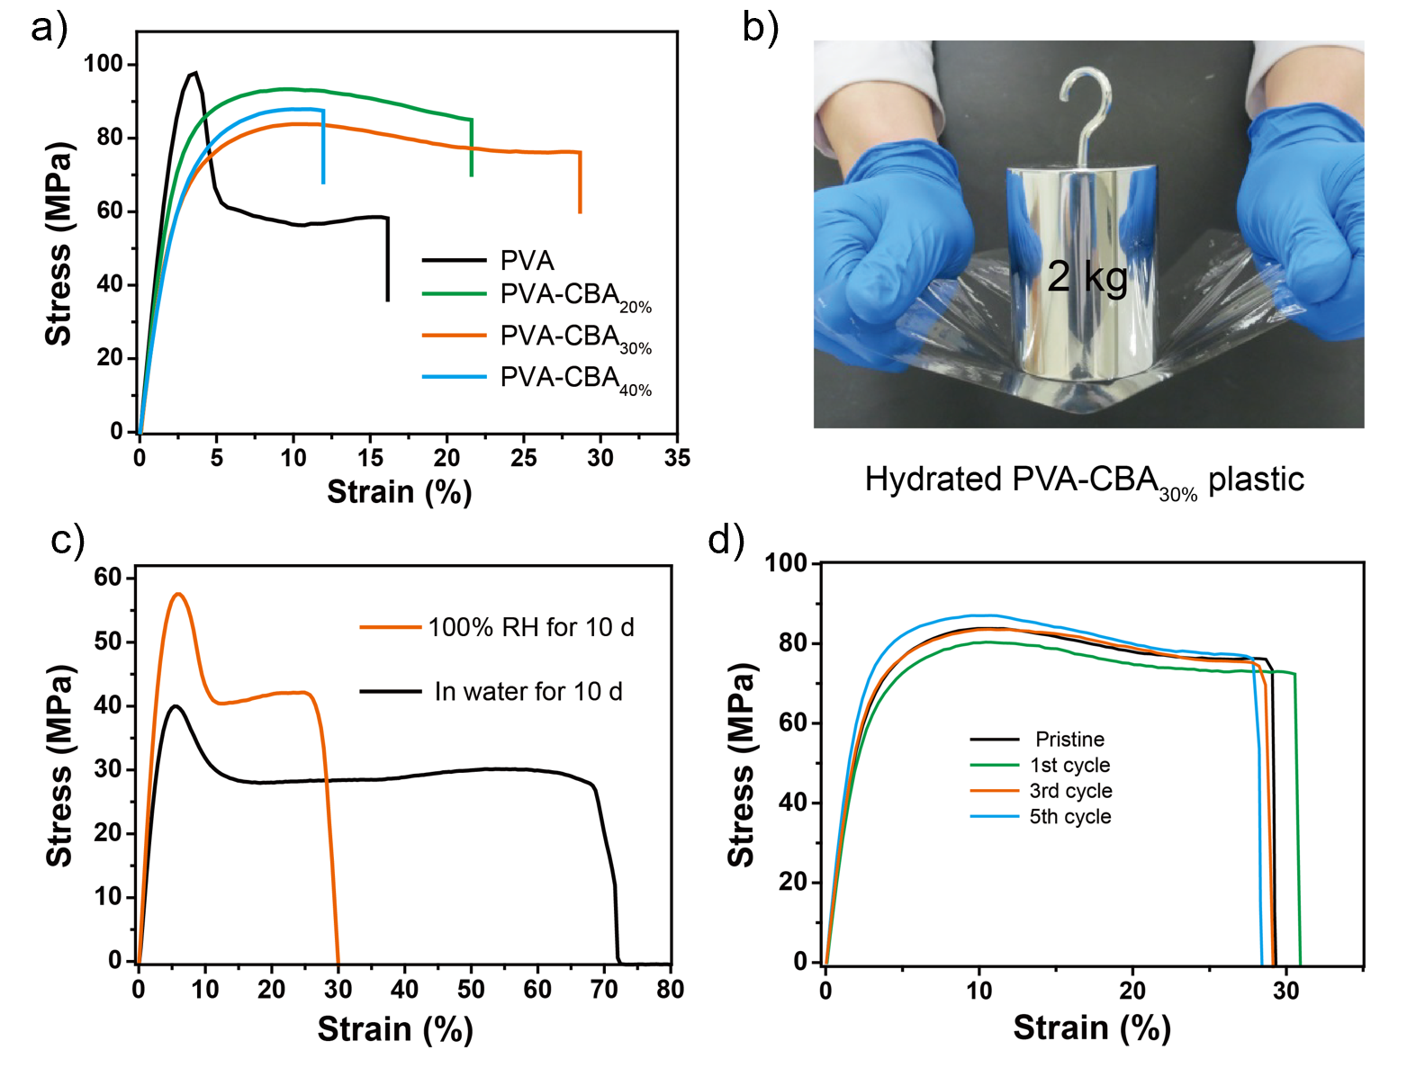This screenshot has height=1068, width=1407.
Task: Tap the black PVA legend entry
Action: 527,261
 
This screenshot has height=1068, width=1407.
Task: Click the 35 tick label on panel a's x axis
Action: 677,458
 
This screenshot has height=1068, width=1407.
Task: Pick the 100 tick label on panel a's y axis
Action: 103,64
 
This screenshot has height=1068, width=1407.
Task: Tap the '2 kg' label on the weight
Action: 1087,276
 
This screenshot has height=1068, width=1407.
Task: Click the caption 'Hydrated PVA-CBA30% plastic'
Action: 1084,480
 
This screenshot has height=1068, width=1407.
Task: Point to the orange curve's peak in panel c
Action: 178,594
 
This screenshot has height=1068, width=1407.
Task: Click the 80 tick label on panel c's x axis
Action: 670,990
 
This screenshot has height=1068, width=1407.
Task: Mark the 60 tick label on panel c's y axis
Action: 107,578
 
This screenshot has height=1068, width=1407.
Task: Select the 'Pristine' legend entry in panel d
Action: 1069,740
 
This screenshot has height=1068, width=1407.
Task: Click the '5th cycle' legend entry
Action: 1069,817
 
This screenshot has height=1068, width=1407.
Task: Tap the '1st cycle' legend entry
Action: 1069,766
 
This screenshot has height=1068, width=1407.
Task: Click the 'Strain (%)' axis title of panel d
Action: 1091,1028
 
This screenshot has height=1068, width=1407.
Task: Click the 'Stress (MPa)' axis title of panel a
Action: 59,243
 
